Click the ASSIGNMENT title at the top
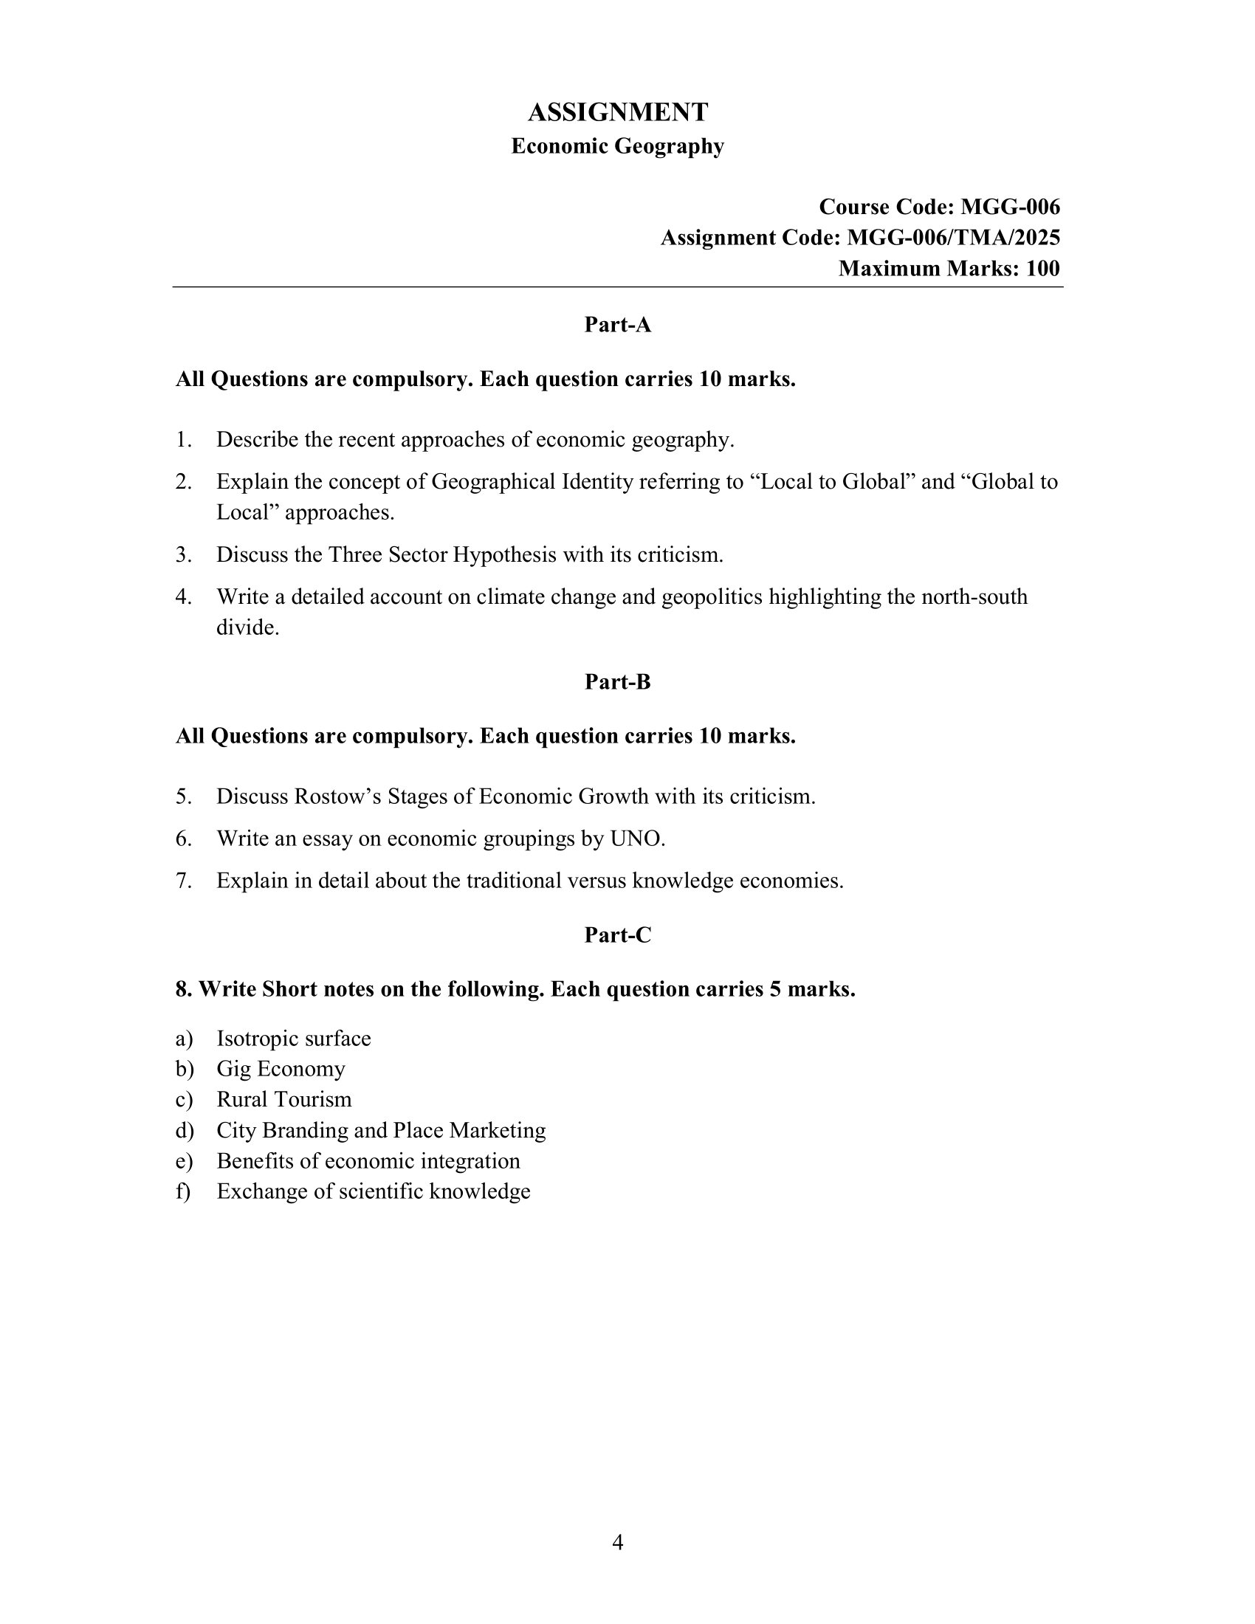tap(617, 112)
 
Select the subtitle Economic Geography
tap(617, 145)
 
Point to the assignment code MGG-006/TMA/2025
tap(953, 237)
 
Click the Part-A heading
tap(617, 325)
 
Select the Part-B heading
tap(617, 682)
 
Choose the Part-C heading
tap(617, 935)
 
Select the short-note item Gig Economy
tap(281, 1069)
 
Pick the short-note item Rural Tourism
tap(284, 1099)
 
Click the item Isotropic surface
tap(294, 1038)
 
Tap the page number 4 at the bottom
tap(617, 1543)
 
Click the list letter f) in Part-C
tap(183, 1191)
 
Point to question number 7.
tap(184, 881)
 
